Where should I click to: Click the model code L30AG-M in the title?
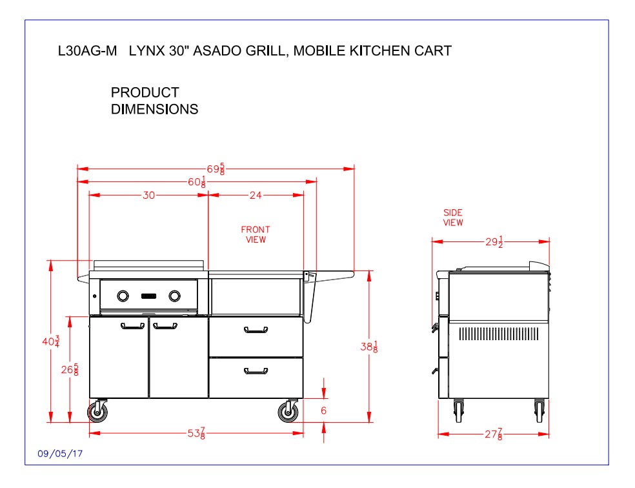88,51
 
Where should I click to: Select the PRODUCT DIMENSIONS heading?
154,101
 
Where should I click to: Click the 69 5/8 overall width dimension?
216,169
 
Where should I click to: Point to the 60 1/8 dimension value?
197,183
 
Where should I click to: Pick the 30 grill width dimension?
148,196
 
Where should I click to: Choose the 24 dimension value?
256,196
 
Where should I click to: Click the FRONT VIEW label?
256,234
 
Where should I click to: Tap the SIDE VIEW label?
452,218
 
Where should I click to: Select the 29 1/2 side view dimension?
494,242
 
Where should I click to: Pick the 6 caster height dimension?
323,411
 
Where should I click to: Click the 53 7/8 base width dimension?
197,434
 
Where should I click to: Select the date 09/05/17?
60,454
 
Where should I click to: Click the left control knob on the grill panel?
123,296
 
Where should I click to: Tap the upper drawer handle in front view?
256,332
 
